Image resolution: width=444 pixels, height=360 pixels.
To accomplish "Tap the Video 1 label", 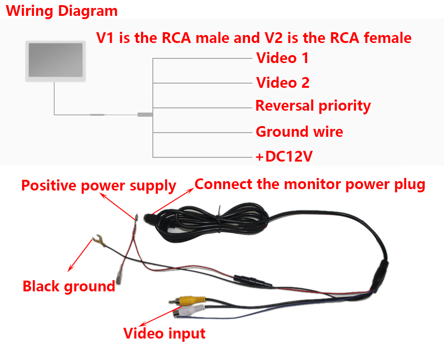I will pyautogui.click(x=282, y=58).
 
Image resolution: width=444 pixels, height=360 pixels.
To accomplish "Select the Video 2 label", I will pyautogui.click(x=283, y=83).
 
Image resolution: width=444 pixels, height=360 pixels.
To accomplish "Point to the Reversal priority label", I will pyautogui.click(x=313, y=106).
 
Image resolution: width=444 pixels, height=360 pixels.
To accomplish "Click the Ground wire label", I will pyautogui.click(x=299, y=132).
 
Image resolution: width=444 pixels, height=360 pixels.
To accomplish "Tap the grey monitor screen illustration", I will pyautogui.click(x=56, y=60).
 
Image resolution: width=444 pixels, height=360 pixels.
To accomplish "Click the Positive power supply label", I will pyautogui.click(x=99, y=186).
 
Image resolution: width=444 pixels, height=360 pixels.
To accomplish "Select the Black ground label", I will pyautogui.click(x=69, y=286).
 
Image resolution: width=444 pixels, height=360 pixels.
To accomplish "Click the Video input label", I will pyautogui.click(x=164, y=333).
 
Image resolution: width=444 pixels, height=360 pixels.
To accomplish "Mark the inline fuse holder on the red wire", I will pyautogui.click(x=252, y=280).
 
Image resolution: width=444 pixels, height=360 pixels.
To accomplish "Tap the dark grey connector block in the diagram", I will pyautogui.click(x=145, y=114).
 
